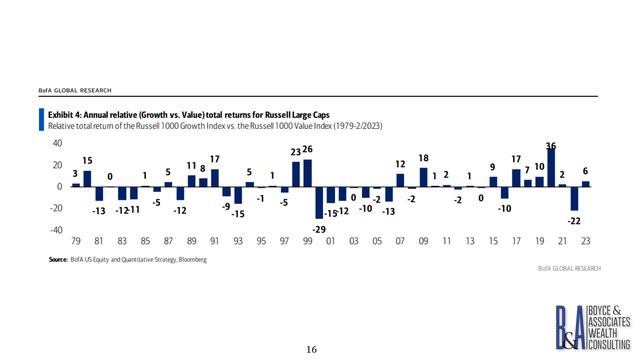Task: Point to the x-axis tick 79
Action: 76,241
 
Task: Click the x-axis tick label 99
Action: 307,241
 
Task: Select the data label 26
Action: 307,150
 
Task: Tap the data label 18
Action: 423,158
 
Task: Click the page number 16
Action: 311,349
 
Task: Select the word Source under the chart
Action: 59,260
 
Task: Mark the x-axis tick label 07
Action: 400,241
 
